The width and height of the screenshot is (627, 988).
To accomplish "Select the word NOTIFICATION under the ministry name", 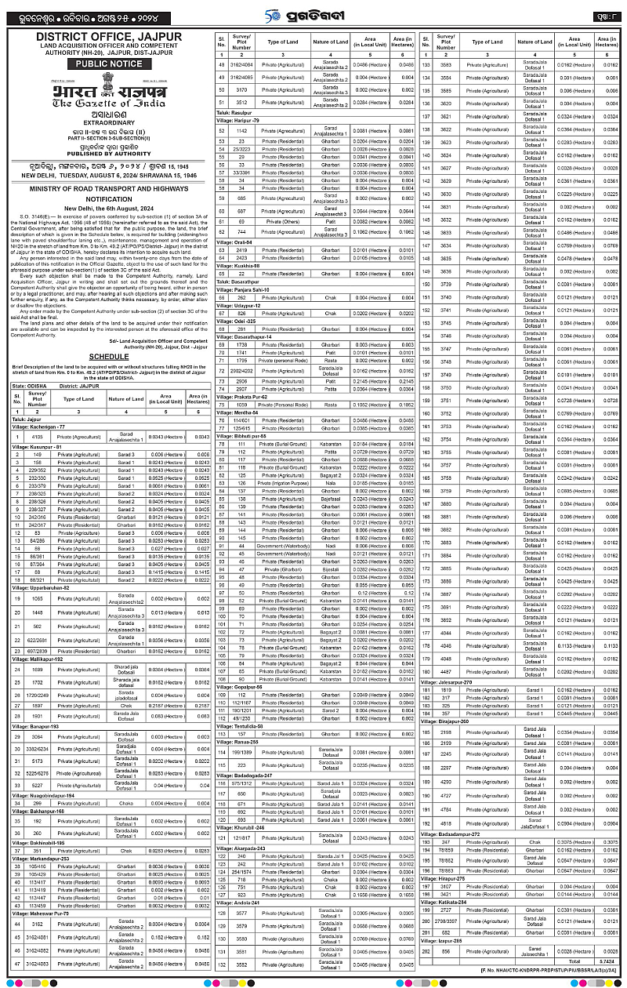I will (x=109, y=199).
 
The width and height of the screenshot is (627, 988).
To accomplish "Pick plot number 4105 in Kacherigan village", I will (x=37, y=435).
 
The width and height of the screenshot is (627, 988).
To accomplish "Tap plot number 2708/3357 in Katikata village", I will (x=447, y=919).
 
